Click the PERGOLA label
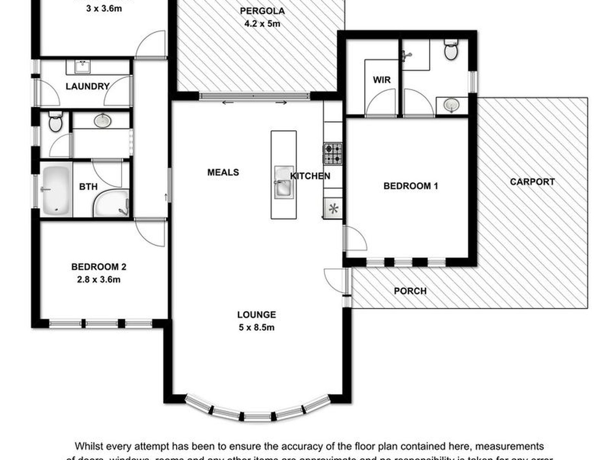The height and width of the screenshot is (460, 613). tap(262, 11)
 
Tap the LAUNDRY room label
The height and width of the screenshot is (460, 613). tap(87, 87)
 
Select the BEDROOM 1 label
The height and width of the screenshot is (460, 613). tap(410, 186)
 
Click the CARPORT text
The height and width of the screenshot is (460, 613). tap(532, 182)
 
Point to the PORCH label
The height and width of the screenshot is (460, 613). tap(410, 291)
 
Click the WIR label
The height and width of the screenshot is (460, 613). tap(382, 80)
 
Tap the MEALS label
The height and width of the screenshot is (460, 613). tap(223, 172)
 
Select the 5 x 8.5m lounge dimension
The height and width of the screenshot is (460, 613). tap(256, 328)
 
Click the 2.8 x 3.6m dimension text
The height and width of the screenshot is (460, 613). tap(98, 280)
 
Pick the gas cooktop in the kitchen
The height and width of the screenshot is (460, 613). tap(333, 153)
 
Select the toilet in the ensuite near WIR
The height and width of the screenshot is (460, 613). tap(451, 50)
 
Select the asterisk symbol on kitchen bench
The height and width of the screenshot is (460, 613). tap(333, 209)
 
